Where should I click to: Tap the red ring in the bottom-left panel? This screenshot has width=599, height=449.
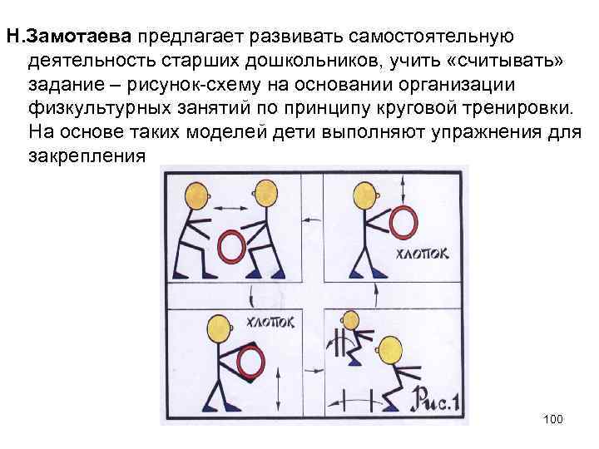[247, 361]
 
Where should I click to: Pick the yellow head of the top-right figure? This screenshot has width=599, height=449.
[364, 197]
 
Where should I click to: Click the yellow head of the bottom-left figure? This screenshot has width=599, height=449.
[220, 325]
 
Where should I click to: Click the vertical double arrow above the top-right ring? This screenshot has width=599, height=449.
[404, 184]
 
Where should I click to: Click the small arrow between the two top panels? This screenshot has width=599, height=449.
[313, 218]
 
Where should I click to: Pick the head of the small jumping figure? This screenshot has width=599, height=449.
[351, 319]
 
